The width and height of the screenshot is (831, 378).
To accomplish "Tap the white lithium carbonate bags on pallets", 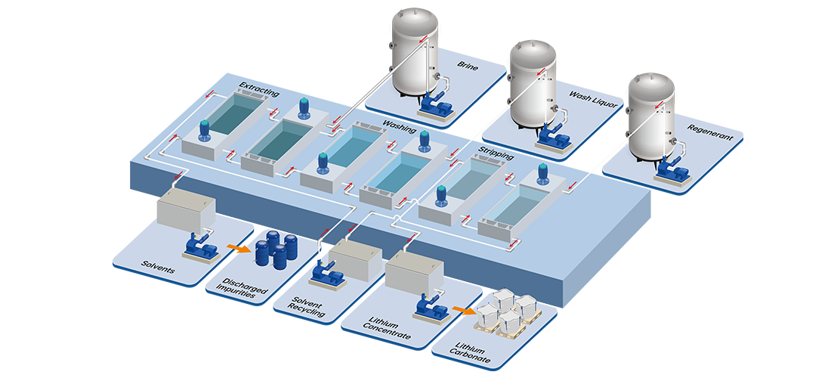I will (x=508, y=311).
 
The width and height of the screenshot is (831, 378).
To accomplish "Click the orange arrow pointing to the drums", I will (x=236, y=248).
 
